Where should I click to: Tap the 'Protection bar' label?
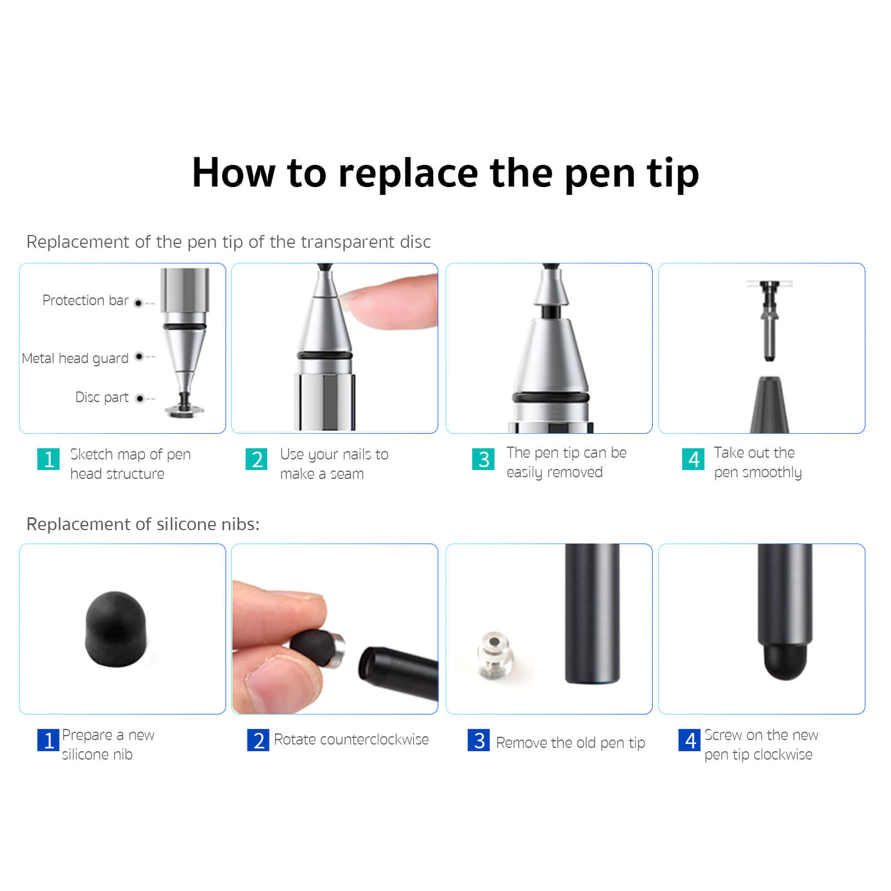(x=85, y=301)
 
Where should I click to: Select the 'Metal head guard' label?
(x=75, y=358)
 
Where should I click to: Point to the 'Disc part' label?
(x=102, y=398)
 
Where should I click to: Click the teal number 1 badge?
(x=48, y=459)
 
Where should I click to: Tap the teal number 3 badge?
(x=483, y=459)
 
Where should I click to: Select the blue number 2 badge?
(x=258, y=741)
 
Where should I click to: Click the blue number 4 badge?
(x=689, y=741)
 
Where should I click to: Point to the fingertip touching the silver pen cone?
(x=384, y=303)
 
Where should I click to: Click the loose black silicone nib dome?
(x=116, y=629)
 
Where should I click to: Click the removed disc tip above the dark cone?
(x=770, y=317)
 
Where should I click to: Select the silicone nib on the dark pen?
(x=784, y=662)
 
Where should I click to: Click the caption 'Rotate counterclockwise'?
(x=351, y=740)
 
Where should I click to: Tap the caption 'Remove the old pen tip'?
(x=570, y=743)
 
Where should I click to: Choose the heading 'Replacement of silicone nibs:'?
(x=143, y=525)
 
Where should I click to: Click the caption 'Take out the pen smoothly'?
(x=757, y=463)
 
